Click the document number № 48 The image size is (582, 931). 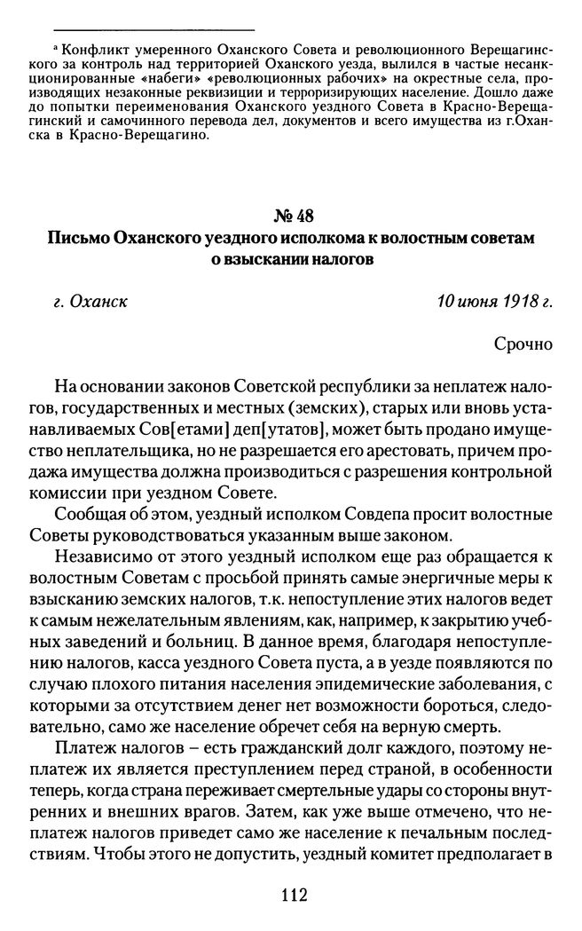click(x=289, y=217)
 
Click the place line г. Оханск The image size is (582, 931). click(x=90, y=301)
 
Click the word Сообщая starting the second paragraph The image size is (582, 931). click(x=86, y=514)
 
